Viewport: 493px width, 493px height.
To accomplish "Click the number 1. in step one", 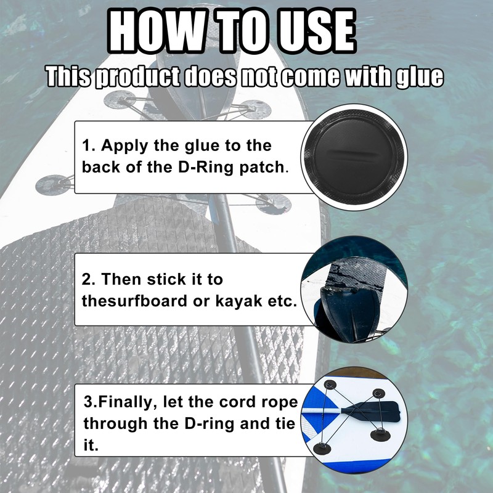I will click(x=89, y=146).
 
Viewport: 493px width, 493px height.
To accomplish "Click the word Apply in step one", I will click(x=121, y=147).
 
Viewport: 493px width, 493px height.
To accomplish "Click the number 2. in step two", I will click(x=89, y=279).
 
